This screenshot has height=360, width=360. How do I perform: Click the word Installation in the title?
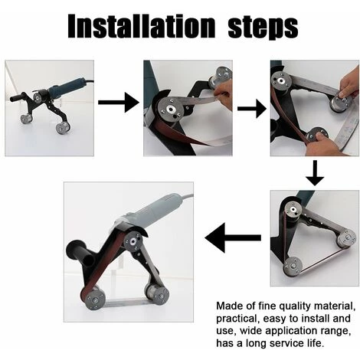[141, 26]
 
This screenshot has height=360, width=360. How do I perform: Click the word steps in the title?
[263, 28]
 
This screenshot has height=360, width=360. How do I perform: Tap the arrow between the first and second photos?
[119, 103]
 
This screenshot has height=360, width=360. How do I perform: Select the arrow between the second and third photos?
[252, 109]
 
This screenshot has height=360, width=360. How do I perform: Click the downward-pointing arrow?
[315, 173]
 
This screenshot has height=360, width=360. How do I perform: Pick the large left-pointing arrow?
[233, 237]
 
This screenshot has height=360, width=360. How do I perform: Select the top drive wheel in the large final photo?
[133, 241]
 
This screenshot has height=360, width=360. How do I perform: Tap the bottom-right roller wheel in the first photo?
[61, 128]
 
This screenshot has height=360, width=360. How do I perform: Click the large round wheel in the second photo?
[169, 110]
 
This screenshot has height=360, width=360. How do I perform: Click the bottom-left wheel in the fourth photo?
[293, 267]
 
